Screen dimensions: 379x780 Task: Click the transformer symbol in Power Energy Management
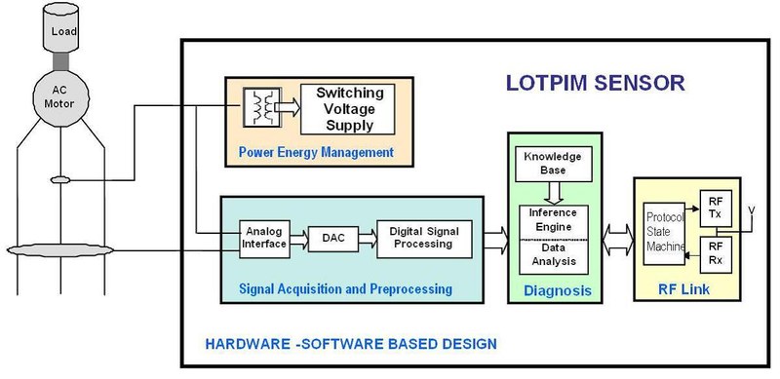[260, 107]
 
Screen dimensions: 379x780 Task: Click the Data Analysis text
[552, 255]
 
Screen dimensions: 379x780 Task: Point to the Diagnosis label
[553, 289]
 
